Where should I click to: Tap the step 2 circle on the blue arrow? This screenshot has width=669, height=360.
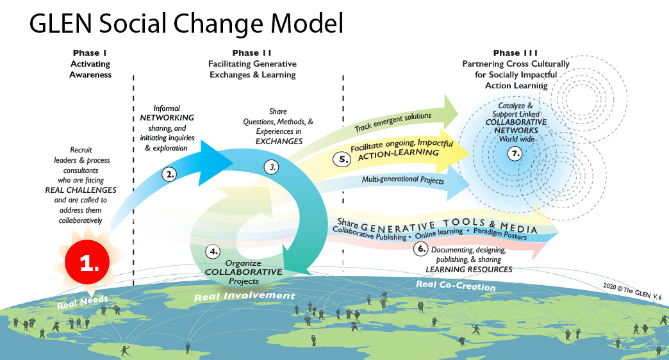(x=170, y=174)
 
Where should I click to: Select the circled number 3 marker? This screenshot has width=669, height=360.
(x=272, y=167)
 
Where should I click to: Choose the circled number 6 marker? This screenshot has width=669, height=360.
(x=421, y=249)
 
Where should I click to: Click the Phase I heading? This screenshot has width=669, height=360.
(x=90, y=53)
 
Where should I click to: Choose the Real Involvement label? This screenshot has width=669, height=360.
(x=244, y=297)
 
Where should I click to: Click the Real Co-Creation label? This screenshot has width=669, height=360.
(x=456, y=286)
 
